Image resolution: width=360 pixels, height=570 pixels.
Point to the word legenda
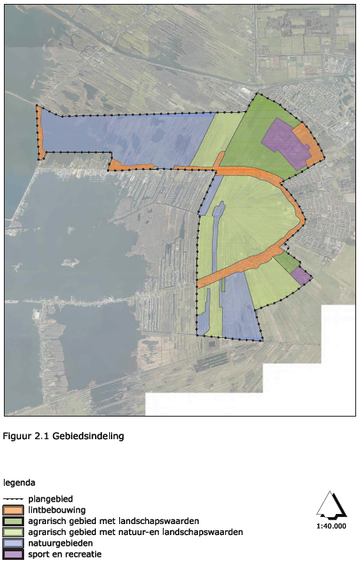(20, 482)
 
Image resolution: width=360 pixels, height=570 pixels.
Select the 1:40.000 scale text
(331, 526)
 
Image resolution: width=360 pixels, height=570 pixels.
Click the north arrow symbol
(331, 506)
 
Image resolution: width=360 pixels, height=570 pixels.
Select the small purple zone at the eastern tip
(302, 276)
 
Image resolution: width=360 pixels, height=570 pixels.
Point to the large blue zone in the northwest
(125, 136)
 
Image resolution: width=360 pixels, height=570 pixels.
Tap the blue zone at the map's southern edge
(240, 311)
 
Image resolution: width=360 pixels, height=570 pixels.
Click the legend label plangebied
(51, 498)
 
